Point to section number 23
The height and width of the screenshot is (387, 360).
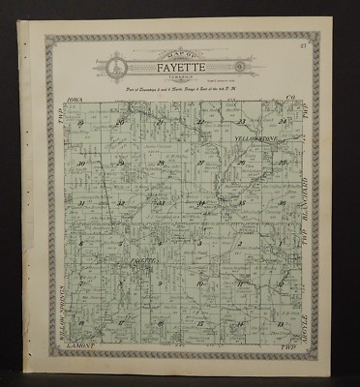tap(241, 123)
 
